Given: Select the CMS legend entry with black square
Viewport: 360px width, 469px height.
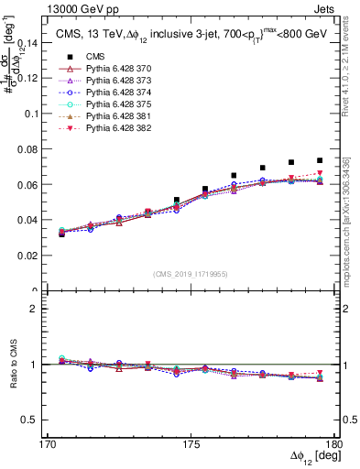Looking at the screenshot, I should click(73, 56).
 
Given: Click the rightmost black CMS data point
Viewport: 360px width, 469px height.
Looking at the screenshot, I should click(320, 160).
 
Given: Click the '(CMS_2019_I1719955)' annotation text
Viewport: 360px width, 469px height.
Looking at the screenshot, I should click(191, 273).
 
